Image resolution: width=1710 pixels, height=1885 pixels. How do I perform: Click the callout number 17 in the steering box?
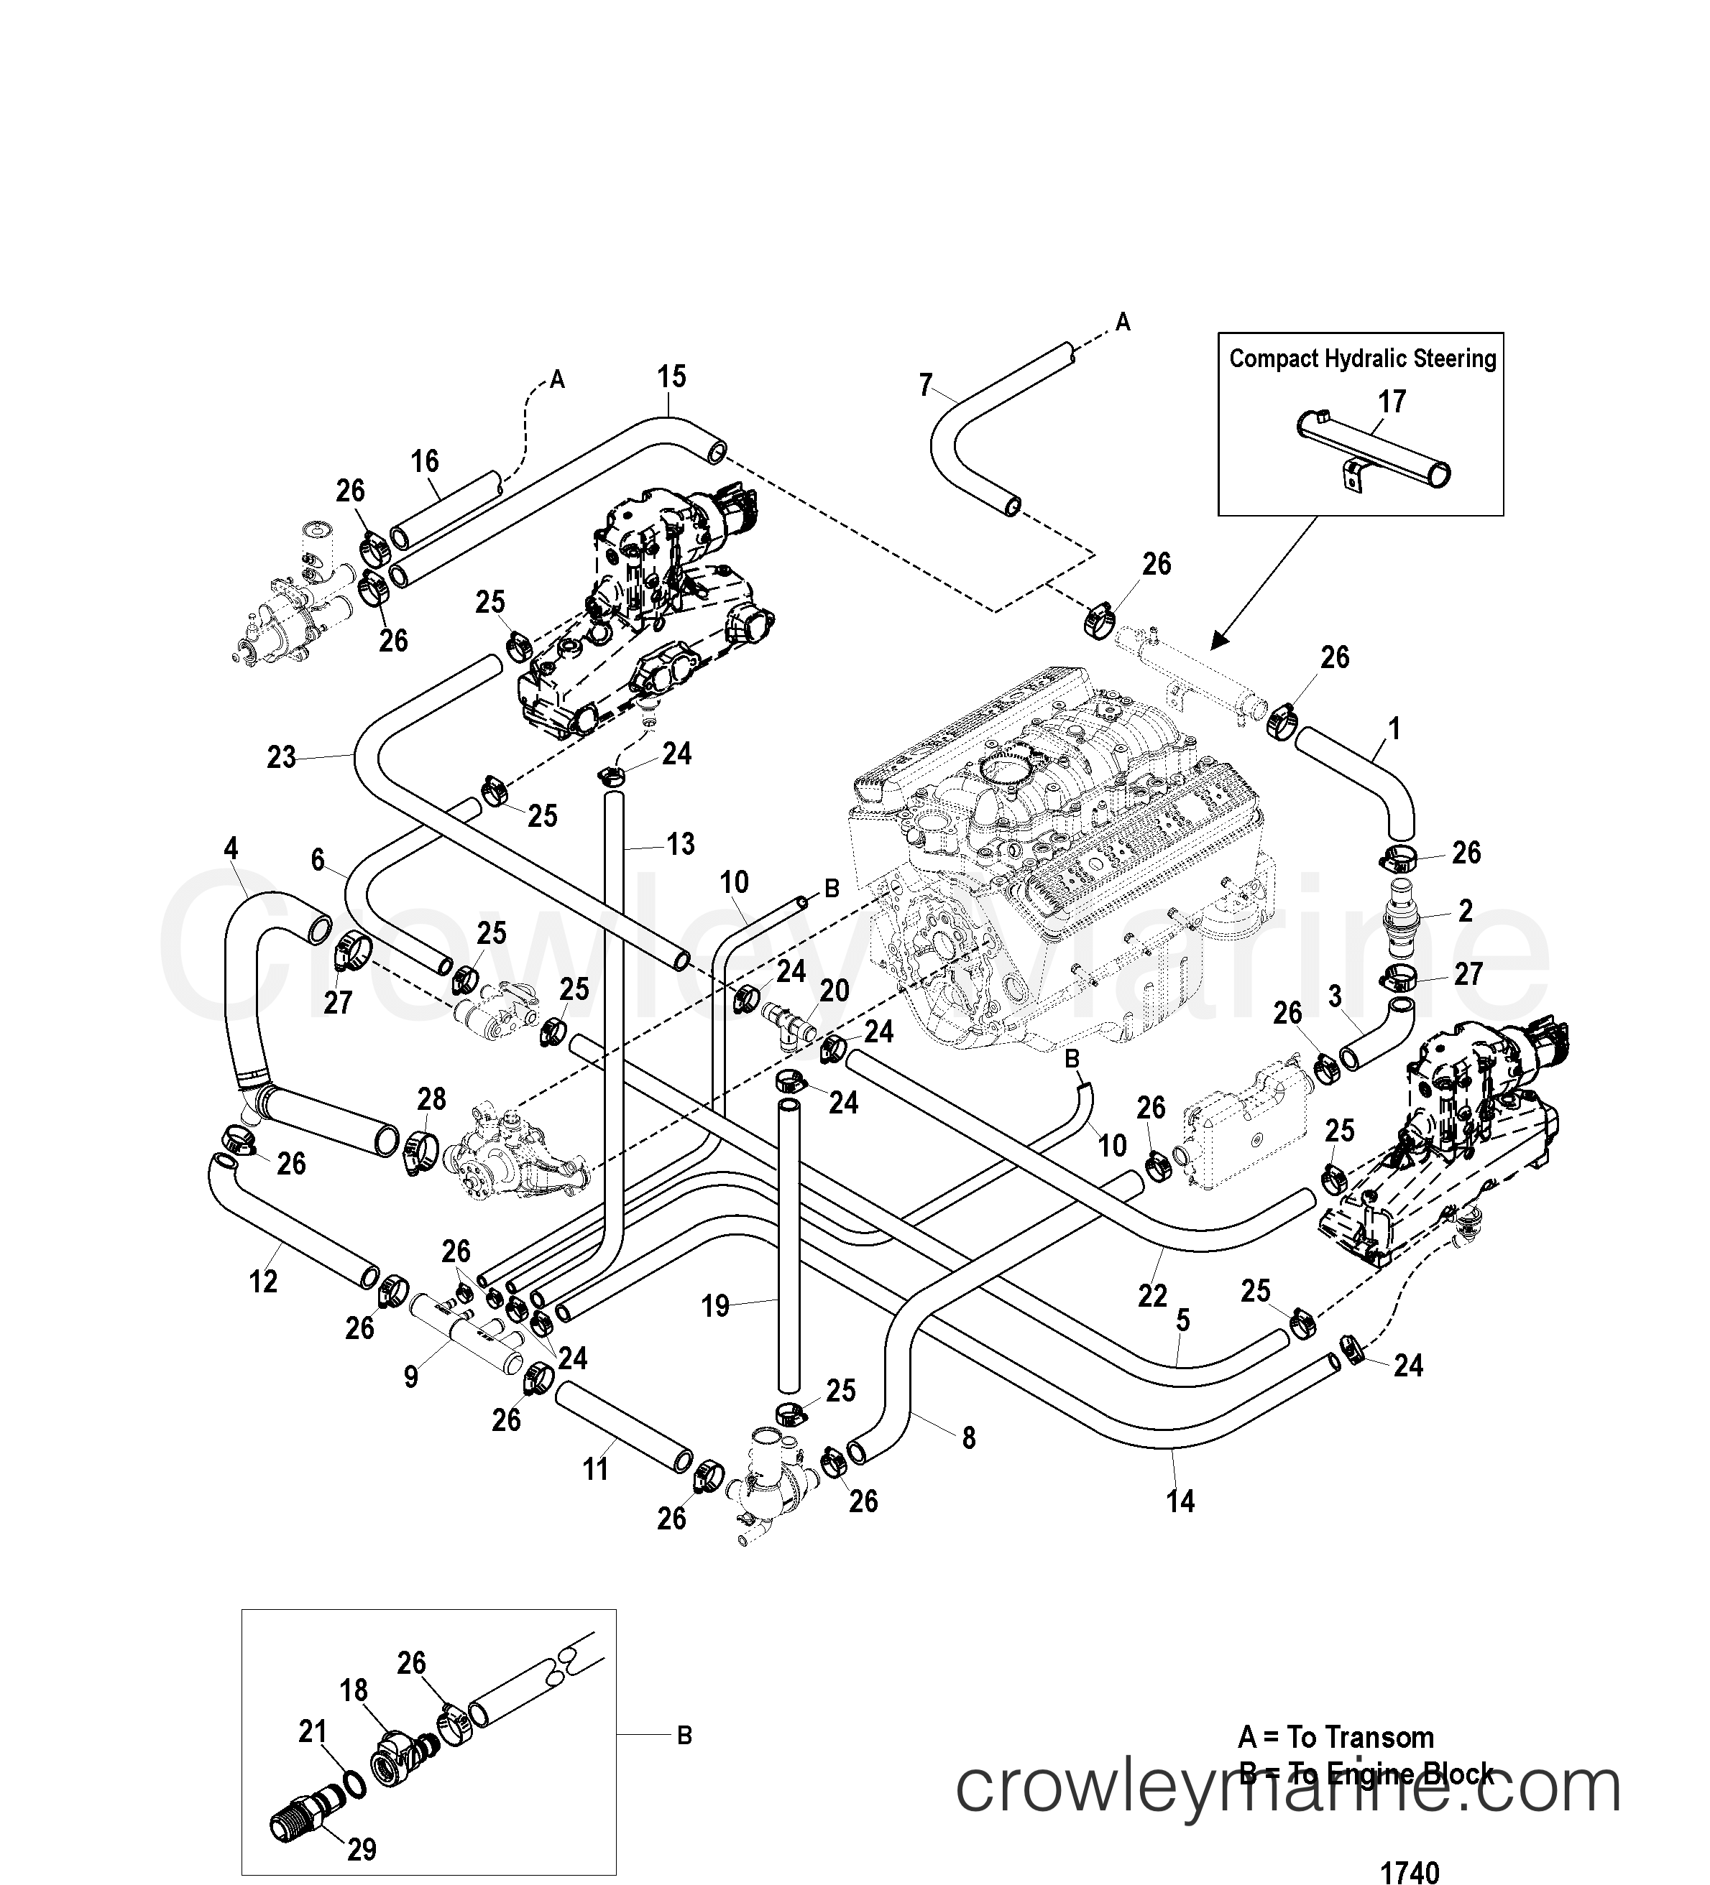coord(1392,402)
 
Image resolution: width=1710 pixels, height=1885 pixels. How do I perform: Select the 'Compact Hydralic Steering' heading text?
coord(1362,359)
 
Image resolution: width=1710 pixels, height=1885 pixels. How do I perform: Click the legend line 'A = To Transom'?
coord(1336,1737)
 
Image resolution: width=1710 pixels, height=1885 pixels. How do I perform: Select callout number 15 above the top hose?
coord(671,377)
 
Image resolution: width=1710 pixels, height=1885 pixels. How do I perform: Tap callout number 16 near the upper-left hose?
coord(425,461)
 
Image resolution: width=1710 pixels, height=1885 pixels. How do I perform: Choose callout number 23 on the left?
coord(280,756)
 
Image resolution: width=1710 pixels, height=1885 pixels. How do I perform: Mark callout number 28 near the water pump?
coord(431,1098)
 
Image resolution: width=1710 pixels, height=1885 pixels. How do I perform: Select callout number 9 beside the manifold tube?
coord(410,1376)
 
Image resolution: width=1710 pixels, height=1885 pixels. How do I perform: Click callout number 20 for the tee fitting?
coord(835,991)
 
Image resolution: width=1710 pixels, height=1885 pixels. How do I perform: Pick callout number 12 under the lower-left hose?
coord(263,1281)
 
